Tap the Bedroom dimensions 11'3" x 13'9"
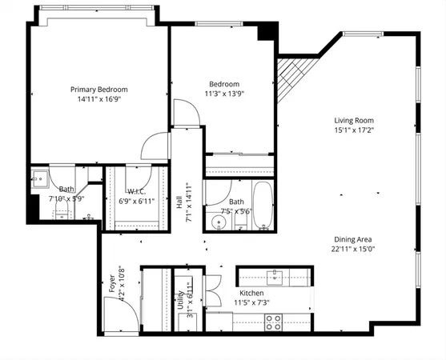click(224, 94)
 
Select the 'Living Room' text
click(354, 121)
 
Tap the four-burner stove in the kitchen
click(273, 322)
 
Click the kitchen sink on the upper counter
click(276, 277)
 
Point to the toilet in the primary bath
click(62, 210)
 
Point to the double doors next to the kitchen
click(211, 286)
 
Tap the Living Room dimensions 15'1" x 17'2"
click(354, 130)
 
